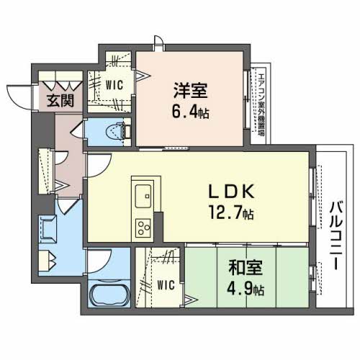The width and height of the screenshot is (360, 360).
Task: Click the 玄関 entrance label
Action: click(x=60, y=101)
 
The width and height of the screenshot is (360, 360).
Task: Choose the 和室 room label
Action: click(x=247, y=269)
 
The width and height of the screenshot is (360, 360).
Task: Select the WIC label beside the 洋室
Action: click(x=114, y=84)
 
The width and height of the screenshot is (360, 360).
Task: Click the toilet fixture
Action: click(x=115, y=131)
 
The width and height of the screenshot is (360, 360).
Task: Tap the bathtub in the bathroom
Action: click(x=109, y=295)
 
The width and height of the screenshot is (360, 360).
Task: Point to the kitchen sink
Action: click(x=141, y=193)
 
